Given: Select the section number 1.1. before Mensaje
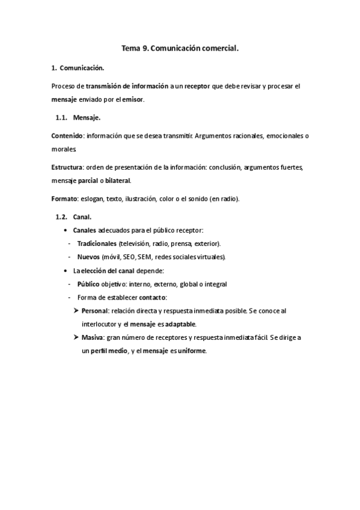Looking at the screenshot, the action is [x=62, y=118].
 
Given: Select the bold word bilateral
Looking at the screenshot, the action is [x=117, y=180].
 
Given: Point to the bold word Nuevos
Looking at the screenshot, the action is [x=89, y=257].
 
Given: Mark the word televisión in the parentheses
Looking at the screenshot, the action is [x=138, y=244].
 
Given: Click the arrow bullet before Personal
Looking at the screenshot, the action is [x=76, y=311].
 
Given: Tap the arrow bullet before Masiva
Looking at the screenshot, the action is [x=76, y=338].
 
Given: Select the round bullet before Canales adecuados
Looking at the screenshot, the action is [x=66, y=230].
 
